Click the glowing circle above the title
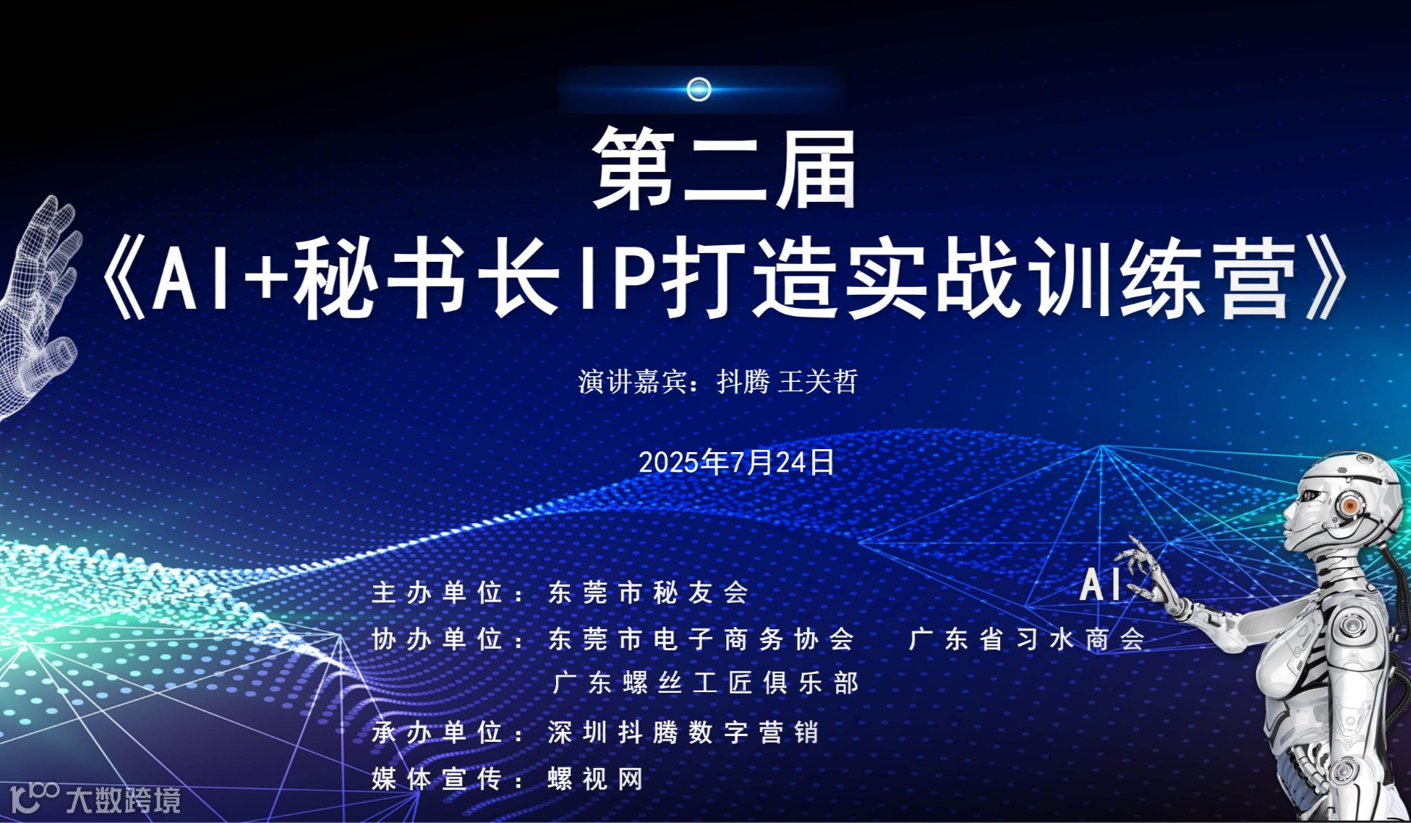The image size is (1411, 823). click(x=699, y=89)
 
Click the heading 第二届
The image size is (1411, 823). click(x=724, y=170)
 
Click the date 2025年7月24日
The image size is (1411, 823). click(x=737, y=462)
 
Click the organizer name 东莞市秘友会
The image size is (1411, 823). click(x=649, y=592)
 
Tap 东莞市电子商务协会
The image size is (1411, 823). click(x=701, y=639)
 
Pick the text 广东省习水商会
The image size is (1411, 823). click(x=1027, y=639)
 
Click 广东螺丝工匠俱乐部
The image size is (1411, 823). click(x=706, y=683)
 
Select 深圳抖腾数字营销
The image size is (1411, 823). click(x=684, y=732)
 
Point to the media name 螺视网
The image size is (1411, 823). click(x=596, y=779)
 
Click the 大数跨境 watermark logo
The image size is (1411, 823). click(x=95, y=799)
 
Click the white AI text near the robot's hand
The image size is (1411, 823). click(x=1101, y=585)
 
